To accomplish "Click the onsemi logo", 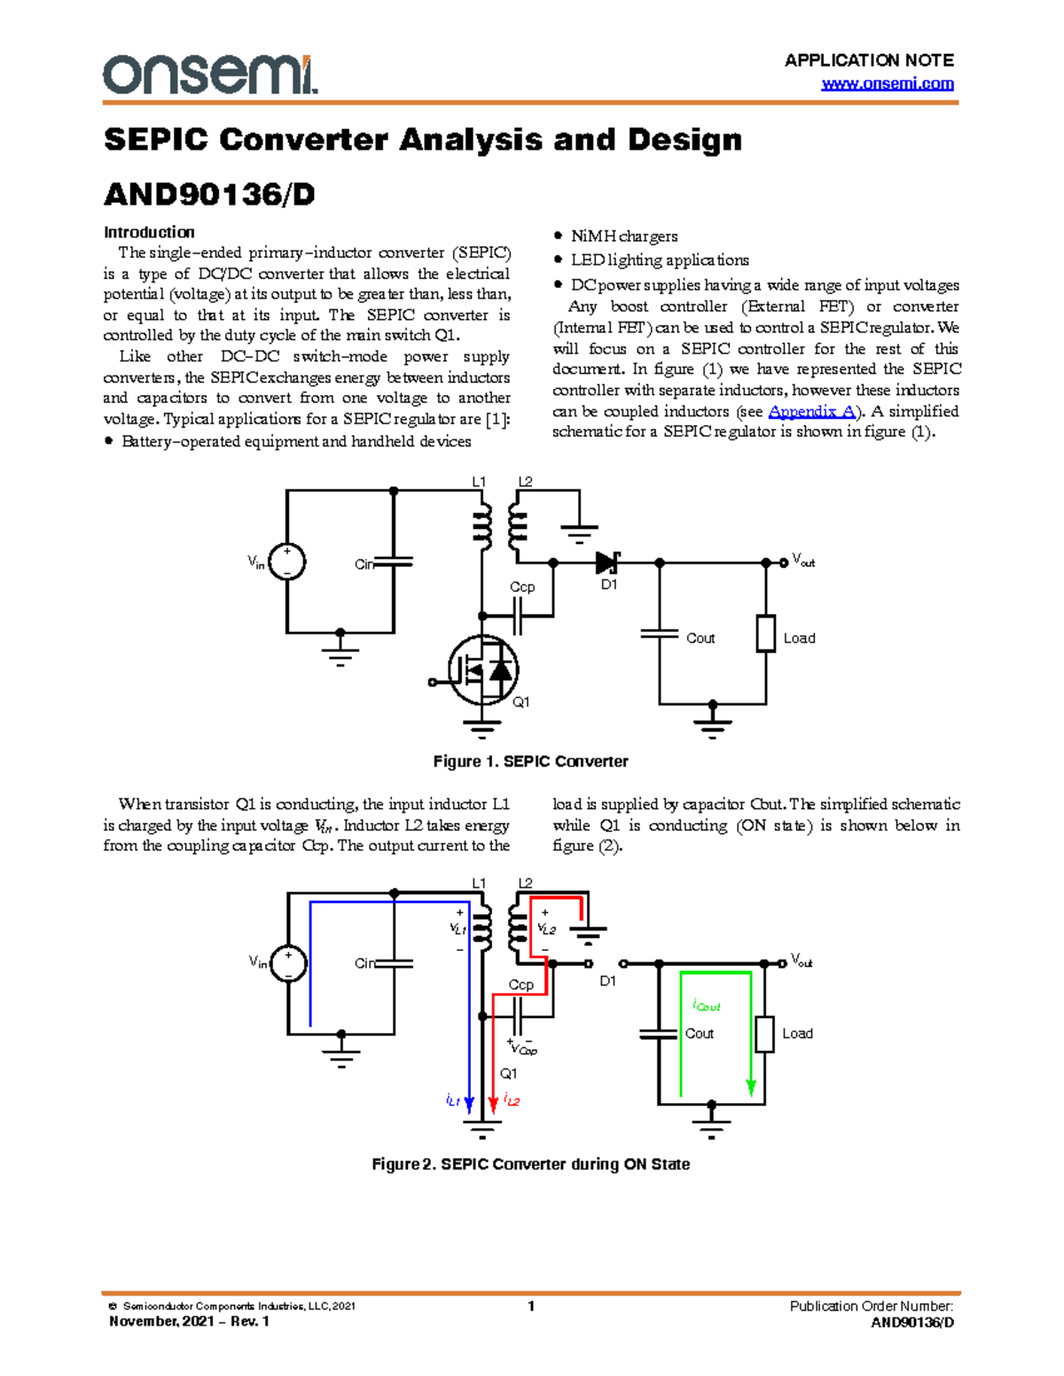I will point(210,74).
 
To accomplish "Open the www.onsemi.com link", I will point(888,84).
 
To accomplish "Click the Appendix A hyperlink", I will point(811,411).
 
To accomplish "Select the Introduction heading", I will point(149,232).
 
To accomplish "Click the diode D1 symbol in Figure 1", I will point(607,563).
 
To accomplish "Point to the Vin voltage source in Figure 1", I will point(287,563).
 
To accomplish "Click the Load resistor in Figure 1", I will point(765,634).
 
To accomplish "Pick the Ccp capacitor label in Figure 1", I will point(522,587).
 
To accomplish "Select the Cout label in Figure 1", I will point(700,638).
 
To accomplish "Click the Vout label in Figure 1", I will point(803,561).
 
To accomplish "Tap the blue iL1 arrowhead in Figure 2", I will point(470,1104).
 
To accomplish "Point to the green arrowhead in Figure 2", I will point(751,1087).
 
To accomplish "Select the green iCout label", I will point(706,1006).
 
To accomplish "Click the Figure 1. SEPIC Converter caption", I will point(530,761).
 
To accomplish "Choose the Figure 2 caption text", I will point(530,1164).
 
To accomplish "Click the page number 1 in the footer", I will point(531,1306).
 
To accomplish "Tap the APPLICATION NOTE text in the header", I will point(869,60).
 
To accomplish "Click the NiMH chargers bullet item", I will point(623,237).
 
